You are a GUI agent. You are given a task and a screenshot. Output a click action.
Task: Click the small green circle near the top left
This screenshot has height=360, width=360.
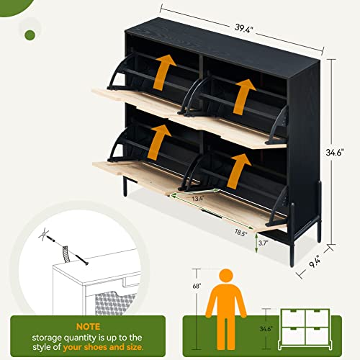tap(30, 35)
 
